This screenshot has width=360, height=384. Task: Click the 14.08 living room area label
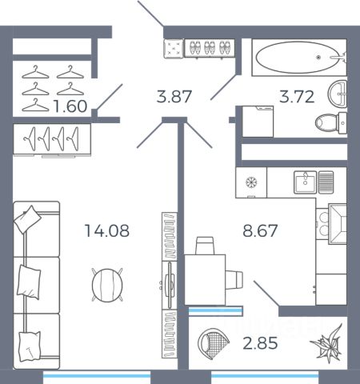pyautogui.click(x=106, y=230)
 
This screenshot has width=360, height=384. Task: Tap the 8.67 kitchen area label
pyautogui.click(x=260, y=230)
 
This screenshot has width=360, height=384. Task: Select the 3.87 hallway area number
pyautogui.click(x=174, y=97)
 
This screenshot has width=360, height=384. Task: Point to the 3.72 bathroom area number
pyautogui.click(x=297, y=97)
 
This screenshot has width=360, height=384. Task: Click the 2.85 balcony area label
pyautogui.click(x=260, y=343)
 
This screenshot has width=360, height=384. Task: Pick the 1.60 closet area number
pyautogui.click(x=70, y=106)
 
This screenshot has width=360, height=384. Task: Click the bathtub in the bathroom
pyautogui.click(x=299, y=58)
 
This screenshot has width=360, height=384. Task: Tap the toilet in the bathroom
pyautogui.click(x=331, y=123)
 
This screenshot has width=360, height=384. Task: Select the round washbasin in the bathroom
pyautogui.click(x=338, y=94)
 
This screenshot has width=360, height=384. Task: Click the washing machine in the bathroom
pyautogui.click(x=258, y=122)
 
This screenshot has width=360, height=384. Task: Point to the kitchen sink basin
pyautogui.click(x=305, y=182)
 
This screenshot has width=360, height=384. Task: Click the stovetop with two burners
pyautogui.click(x=322, y=224)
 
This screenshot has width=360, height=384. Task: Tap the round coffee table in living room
pyautogui.click(x=107, y=285)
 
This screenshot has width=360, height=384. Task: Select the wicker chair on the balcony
pyautogui.click(x=214, y=343)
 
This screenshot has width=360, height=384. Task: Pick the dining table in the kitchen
pyautogui.click(x=205, y=280)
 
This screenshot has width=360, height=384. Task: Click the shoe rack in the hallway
pyautogui.click(x=210, y=48)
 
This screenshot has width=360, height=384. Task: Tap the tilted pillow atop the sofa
pyautogui.click(x=27, y=219)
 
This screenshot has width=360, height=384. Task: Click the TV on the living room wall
pyautogui.click(x=170, y=285)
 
